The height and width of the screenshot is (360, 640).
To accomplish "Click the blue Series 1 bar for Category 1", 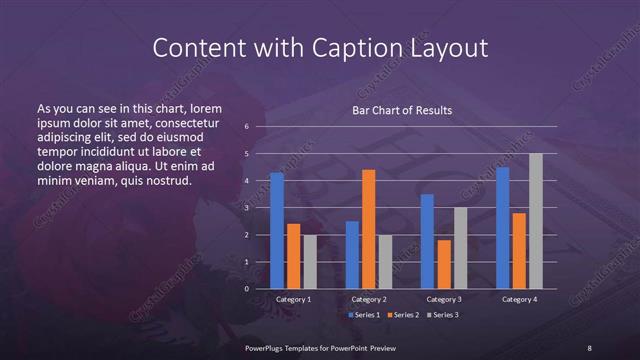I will point(277,231).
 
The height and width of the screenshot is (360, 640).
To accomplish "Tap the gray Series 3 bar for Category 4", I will point(536,221).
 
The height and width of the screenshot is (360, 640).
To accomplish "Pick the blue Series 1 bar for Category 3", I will point(427,241).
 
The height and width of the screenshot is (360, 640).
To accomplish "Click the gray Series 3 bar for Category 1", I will point(310,261).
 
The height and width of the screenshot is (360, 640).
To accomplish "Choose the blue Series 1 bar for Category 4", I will point(503,228).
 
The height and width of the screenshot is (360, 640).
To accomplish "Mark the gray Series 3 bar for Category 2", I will point(386,261).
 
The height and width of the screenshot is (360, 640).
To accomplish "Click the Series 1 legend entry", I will point(364,316).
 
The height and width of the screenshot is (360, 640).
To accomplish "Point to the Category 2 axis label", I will point(369,299).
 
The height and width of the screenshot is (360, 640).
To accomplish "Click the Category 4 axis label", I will point(519,299).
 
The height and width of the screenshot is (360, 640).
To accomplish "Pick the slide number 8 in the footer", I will point(589,347).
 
